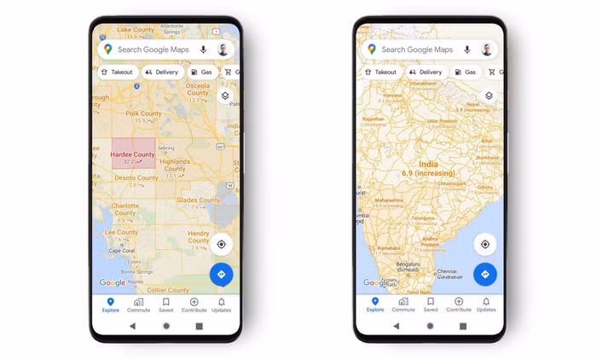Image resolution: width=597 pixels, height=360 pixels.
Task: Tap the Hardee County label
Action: click(132, 154)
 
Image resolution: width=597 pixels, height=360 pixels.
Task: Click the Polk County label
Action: click(143, 113)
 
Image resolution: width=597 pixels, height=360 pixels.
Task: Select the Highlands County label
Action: click(175, 164)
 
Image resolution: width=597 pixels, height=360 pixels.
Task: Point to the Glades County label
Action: click(198, 200)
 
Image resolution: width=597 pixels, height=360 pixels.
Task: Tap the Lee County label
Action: click(121, 232)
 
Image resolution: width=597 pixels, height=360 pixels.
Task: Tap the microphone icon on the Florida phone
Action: click(203, 49)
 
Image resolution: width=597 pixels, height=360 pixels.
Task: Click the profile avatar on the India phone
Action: click(486, 49)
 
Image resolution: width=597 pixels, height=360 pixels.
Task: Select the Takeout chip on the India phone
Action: click(381, 73)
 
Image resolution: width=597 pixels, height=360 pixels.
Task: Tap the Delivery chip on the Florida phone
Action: click(161, 73)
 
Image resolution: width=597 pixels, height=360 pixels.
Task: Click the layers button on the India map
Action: click(489, 96)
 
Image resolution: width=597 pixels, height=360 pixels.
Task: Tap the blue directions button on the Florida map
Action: click(221, 275)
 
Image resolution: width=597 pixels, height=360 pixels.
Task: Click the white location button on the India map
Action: click(484, 244)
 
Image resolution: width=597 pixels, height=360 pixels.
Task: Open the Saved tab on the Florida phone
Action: click(165, 305)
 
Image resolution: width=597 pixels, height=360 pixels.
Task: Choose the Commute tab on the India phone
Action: click(403, 305)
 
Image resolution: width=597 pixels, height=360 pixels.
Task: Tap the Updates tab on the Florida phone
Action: click(221, 305)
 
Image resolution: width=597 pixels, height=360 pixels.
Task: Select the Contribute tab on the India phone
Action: click(458, 305)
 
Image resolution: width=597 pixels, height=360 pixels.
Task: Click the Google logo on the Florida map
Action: click(113, 282)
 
